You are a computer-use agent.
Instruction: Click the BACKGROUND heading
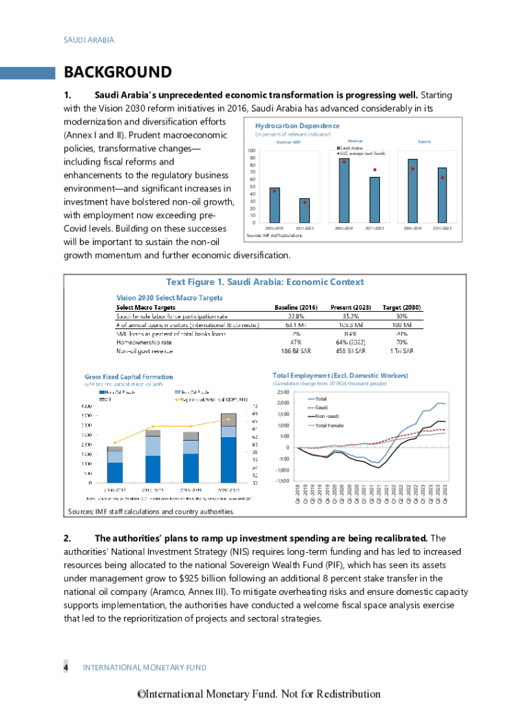coord(117,72)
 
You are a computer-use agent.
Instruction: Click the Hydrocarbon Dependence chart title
coord(297,126)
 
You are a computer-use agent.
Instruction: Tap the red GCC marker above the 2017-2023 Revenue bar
coord(374,169)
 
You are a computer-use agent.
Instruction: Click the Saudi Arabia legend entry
coord(351,148)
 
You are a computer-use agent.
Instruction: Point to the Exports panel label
coord(425,142)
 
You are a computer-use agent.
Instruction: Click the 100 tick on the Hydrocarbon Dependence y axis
coord(253,151)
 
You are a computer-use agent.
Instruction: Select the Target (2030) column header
coord(401,307)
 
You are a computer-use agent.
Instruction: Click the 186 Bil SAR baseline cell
coord(295,351)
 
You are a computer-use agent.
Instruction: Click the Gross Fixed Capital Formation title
coord(129,377)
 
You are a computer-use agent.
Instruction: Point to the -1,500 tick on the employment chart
coord(282,481)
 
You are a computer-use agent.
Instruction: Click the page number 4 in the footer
coord(66,668)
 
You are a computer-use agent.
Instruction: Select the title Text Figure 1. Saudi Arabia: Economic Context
coord(265,282)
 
